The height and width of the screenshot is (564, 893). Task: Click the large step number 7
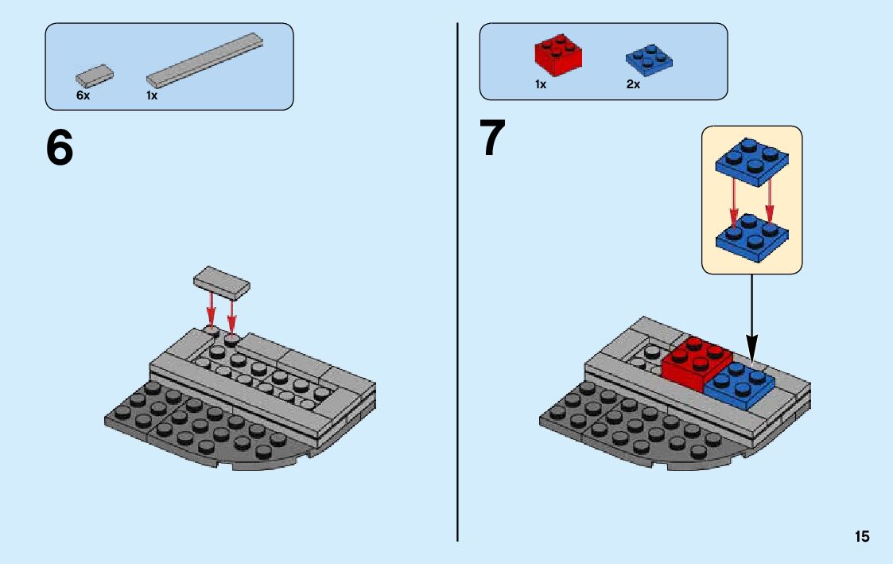(493, 138)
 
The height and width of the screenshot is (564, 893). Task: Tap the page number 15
(862, 537)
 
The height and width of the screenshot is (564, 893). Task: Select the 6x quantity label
(83, 95)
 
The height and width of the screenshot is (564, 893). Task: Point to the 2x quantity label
(633, 84)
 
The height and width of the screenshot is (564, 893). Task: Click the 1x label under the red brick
(541, 84)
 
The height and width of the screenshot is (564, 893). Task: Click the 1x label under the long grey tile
(152, 95)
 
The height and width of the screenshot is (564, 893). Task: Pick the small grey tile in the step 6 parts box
(94, 76)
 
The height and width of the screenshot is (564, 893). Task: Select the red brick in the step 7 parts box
(557, 53)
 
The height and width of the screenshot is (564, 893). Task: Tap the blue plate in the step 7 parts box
(648, 58)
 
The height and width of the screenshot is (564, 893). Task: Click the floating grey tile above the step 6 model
(222, 282)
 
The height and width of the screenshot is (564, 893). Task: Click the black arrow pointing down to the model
(751, 318)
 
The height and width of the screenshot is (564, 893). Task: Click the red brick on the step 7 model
(695, 361)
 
